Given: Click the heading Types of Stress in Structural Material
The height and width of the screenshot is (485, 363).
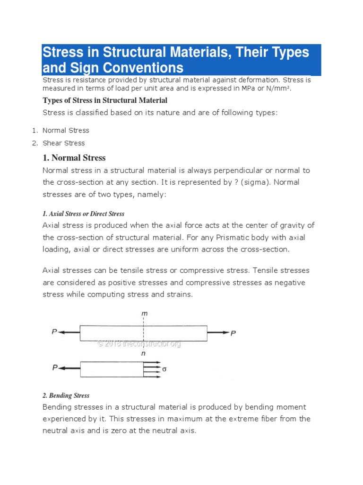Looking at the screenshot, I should click(105, 100).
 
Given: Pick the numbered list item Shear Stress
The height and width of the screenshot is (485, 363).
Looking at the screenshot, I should click(64, 143).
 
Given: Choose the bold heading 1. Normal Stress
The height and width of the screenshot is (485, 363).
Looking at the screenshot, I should click(74, 158).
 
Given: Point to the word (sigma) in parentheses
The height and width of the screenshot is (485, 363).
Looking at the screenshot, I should click(251, 182).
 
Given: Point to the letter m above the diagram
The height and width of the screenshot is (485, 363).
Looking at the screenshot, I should click(144, 314).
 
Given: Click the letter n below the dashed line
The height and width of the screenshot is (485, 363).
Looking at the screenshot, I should click(144, 353).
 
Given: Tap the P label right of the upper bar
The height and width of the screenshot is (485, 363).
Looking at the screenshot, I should click(233, 333).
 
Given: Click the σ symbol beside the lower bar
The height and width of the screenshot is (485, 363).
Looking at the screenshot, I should click(164, 368).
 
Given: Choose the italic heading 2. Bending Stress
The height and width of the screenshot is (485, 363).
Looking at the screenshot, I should click(66, 395).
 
